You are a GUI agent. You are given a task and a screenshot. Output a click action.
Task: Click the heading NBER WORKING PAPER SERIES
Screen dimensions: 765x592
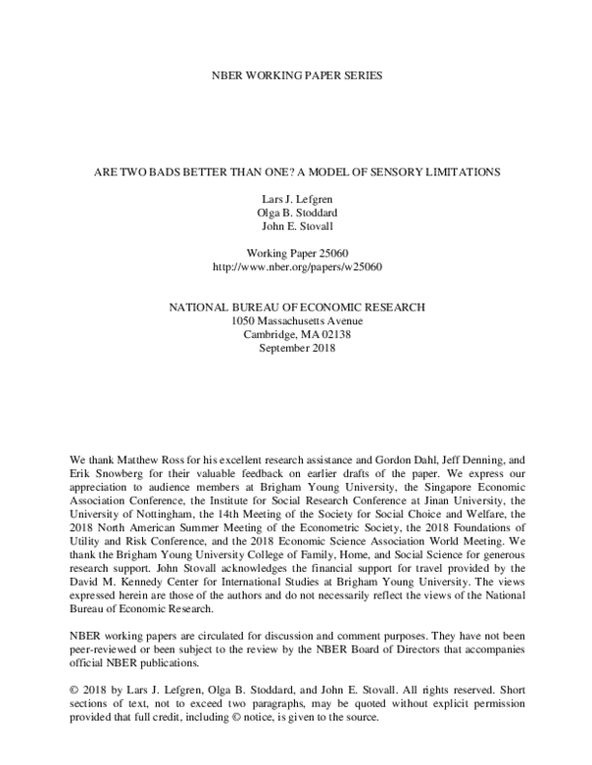click(295, 75)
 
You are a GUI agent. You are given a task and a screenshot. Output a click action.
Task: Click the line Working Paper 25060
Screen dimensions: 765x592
click(296, 251)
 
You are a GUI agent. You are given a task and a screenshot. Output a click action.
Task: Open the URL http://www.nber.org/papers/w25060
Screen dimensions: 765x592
click(296, 266)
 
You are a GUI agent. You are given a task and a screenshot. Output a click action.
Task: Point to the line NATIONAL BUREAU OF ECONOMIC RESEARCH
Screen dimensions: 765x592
click(296, 308)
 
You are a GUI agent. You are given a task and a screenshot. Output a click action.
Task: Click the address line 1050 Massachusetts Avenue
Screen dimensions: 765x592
click(296, 321)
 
